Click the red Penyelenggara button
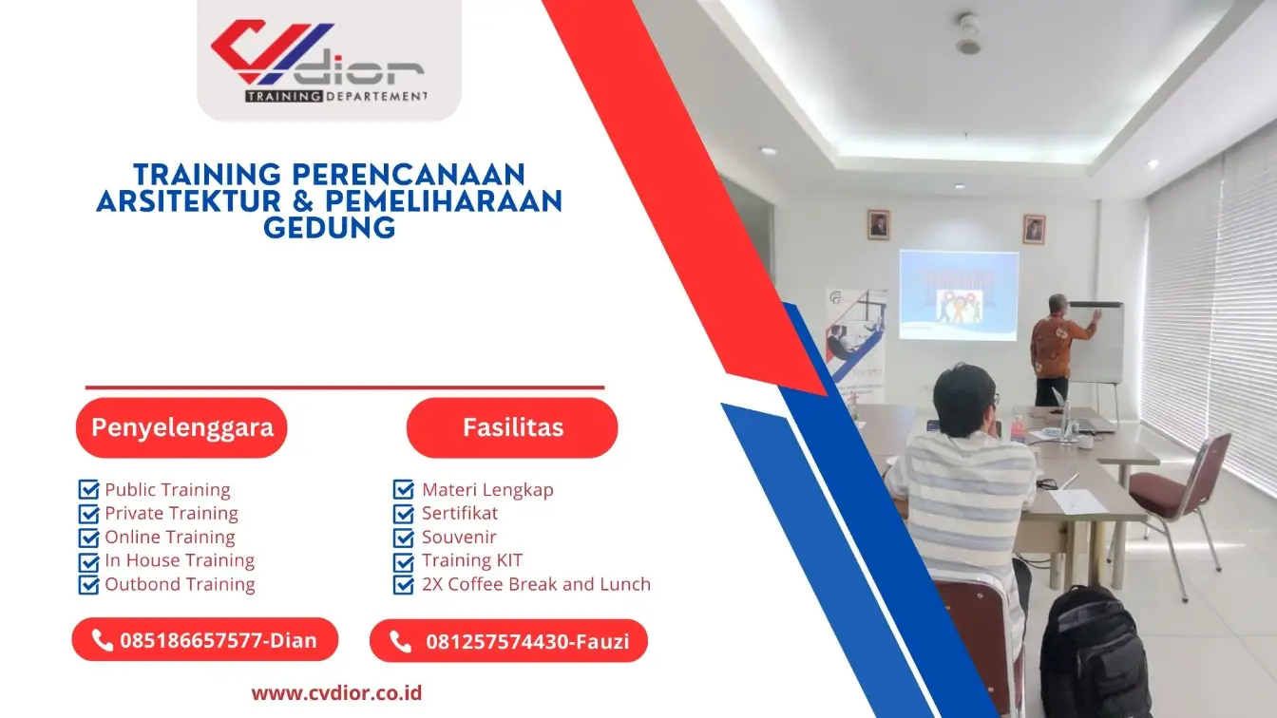(x=181, y=427)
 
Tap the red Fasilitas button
(x=512, y=427)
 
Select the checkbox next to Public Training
(x=88, y=490)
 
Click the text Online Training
(x=169, y=537)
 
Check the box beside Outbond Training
(x=88, y=584)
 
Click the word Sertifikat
(x=460, y=513)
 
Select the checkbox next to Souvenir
(x=403, y=538)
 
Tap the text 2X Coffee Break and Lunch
(x=536, y=584)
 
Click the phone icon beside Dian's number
(x=103, y=640)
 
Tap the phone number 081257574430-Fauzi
(x=526, y=642)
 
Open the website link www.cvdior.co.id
(x=336, y=692)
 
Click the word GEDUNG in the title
(x=329, y=228)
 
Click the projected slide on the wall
(x=958, y=294)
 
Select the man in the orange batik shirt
(x=1054, y=348)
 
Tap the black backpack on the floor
(x=1095, y=655)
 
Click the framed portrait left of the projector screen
(x=878, y=225)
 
